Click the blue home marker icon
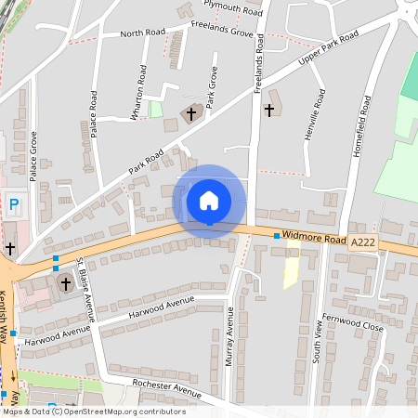tap(209, 201)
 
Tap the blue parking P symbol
tap(13, 203)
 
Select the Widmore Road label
tap(315, 239)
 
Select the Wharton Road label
tap(141, 88)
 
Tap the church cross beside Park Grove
tap(192, 114)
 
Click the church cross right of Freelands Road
tap(269, 110)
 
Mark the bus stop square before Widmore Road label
tap(277, 236)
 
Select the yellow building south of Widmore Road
tap(291, 272)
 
